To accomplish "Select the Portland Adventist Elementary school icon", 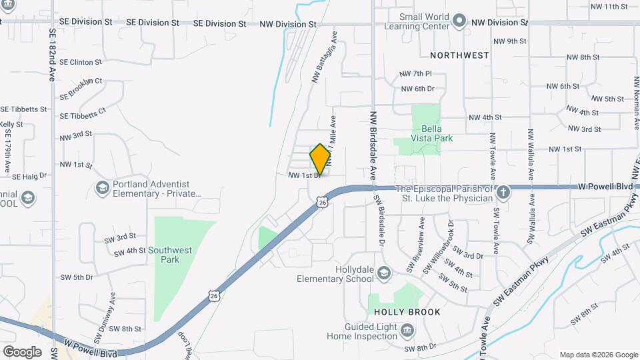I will click(102, 187).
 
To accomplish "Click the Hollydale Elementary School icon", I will click(383, 273).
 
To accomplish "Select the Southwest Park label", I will click(170, 255).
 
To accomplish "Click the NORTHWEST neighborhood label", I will click(459, 55).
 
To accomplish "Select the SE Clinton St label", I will click(80, 62).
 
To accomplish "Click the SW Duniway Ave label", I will click(112, 306).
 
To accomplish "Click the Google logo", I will click(22, 351).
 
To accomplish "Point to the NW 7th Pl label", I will click(416, 73).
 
